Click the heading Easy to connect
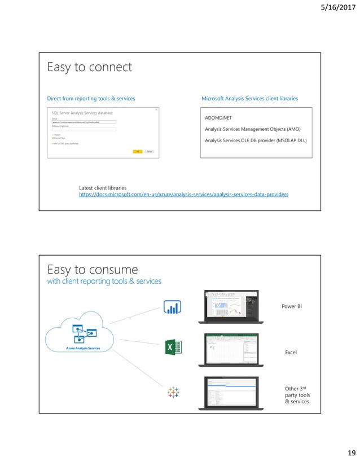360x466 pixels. pyautogui.click(x=89, y=68)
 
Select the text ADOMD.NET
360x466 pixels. pyautogui.click(x=219, y=118)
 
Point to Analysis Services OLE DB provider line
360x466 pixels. pyautogui.click(x=256, y=140)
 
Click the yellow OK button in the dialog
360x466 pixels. pyautogui.click(x=137, y=151)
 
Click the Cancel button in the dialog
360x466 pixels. pyautogui.click(x=149, y=151)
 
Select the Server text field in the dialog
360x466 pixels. pyautogui.click(x=84, y=122)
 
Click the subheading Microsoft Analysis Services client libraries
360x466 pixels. pyautogui.click(x=249, y=99)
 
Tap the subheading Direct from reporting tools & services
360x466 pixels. pyautogui.click(x=91, y=99)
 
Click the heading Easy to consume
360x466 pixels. pyautogui.click(x=92, y=269)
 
